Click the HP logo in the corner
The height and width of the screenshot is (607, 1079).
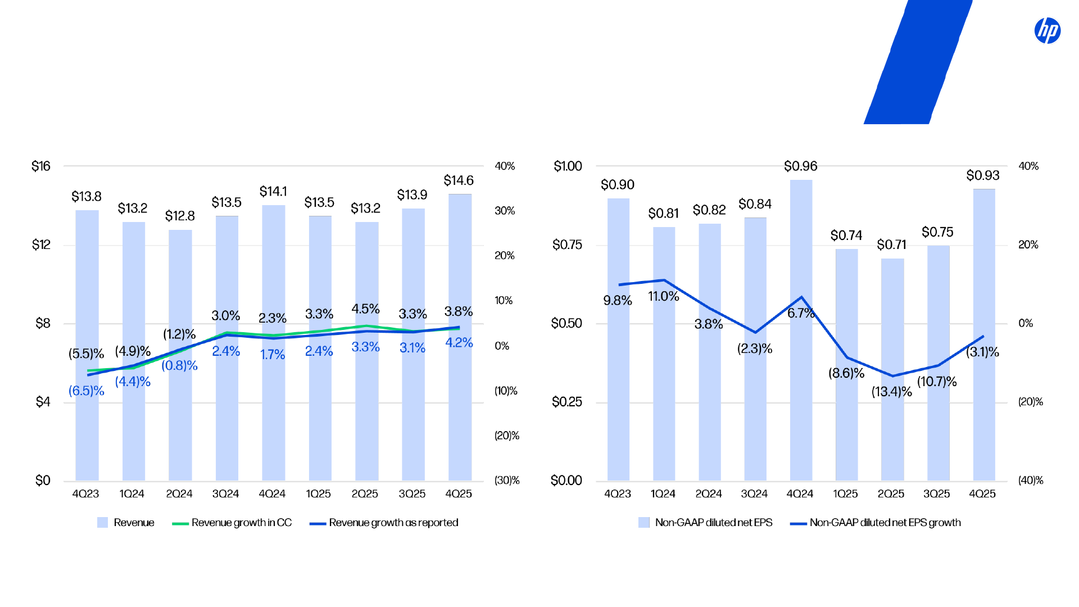tap(1047, 30)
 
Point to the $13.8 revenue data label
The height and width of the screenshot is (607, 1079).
tap(86, 197)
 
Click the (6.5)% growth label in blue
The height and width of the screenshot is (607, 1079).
tap(86, 391)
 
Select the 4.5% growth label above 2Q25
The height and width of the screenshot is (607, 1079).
tap(365, 309)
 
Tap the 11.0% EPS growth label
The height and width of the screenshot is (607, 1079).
tap(663, 296)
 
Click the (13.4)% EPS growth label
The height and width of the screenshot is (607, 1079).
tap(891, 392)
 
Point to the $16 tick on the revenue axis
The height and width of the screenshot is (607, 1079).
tap(41, 166)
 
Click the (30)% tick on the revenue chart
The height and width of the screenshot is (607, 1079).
tap(506, 481)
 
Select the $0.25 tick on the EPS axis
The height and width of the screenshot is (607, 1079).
tap(566, 402)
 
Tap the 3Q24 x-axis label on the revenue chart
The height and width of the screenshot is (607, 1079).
tap(225, 494)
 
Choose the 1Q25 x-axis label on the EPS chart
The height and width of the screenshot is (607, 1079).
tap(845, 494)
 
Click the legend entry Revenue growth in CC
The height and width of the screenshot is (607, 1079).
tap(241, 523)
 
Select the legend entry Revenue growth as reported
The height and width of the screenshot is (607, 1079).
tap(393, 523)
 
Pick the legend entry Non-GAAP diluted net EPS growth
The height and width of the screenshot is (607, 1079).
tap(885, 523)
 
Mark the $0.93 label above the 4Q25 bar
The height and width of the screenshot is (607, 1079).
tap(982, 175)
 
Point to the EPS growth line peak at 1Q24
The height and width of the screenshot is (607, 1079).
tap(664, 280)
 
